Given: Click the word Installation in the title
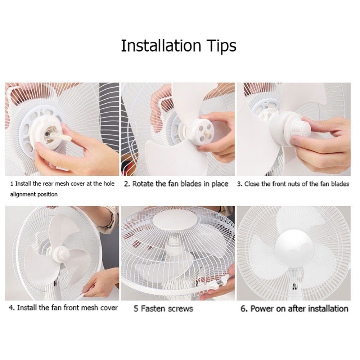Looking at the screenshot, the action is pyautogui.click(x=161, y=46).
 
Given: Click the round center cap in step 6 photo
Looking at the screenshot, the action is pyautogui.click(x=294, y=247).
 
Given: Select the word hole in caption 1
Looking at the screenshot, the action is pyautogui.click(x=109, y=184).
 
